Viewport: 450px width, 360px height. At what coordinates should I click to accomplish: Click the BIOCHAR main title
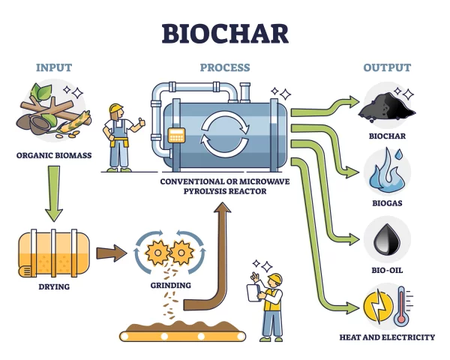pos(224,34)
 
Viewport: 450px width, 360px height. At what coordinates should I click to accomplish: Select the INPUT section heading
pos(54,67)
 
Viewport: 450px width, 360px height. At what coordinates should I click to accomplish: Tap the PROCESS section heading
pos(224,67)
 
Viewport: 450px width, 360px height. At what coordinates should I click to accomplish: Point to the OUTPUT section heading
pos(387,67)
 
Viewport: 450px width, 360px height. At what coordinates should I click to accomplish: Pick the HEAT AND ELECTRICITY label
pos(387,337)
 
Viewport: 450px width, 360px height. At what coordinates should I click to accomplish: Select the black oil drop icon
pos(387,239)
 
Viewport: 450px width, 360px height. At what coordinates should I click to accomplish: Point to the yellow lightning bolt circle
pos(377,307)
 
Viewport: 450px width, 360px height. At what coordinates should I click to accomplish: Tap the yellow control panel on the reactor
pos(177,136)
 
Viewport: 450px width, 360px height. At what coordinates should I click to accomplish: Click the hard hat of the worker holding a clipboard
pos(275,279)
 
